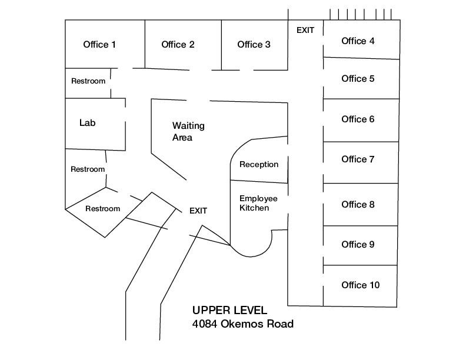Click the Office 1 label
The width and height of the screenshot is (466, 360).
coord(99,45)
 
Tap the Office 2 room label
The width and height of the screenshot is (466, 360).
coord(178,45)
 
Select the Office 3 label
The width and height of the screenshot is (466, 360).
coord(254,45)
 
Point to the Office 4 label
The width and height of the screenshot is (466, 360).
coord(358,41)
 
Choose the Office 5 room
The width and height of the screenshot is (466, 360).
coord(358,79)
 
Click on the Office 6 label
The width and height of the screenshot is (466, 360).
coord(358,119)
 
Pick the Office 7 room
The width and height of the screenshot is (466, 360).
coord(358,159)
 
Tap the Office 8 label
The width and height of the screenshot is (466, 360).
coord(358,205)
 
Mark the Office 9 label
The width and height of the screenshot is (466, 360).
coord(358,245)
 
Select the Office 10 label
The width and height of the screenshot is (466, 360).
coord(360,285)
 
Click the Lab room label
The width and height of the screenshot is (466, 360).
coord(87,124)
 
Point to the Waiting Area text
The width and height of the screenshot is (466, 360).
coord(188,132)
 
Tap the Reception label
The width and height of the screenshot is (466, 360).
coord(259,165)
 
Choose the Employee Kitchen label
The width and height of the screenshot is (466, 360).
coord(258,203)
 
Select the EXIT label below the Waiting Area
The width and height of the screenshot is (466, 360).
coord(198,211)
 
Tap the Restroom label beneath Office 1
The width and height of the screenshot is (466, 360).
coord(88,81)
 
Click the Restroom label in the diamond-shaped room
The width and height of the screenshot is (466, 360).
coord(102,209)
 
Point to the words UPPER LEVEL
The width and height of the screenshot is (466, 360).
coord(229,311)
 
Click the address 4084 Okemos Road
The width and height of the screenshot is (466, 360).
coord(242,324)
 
